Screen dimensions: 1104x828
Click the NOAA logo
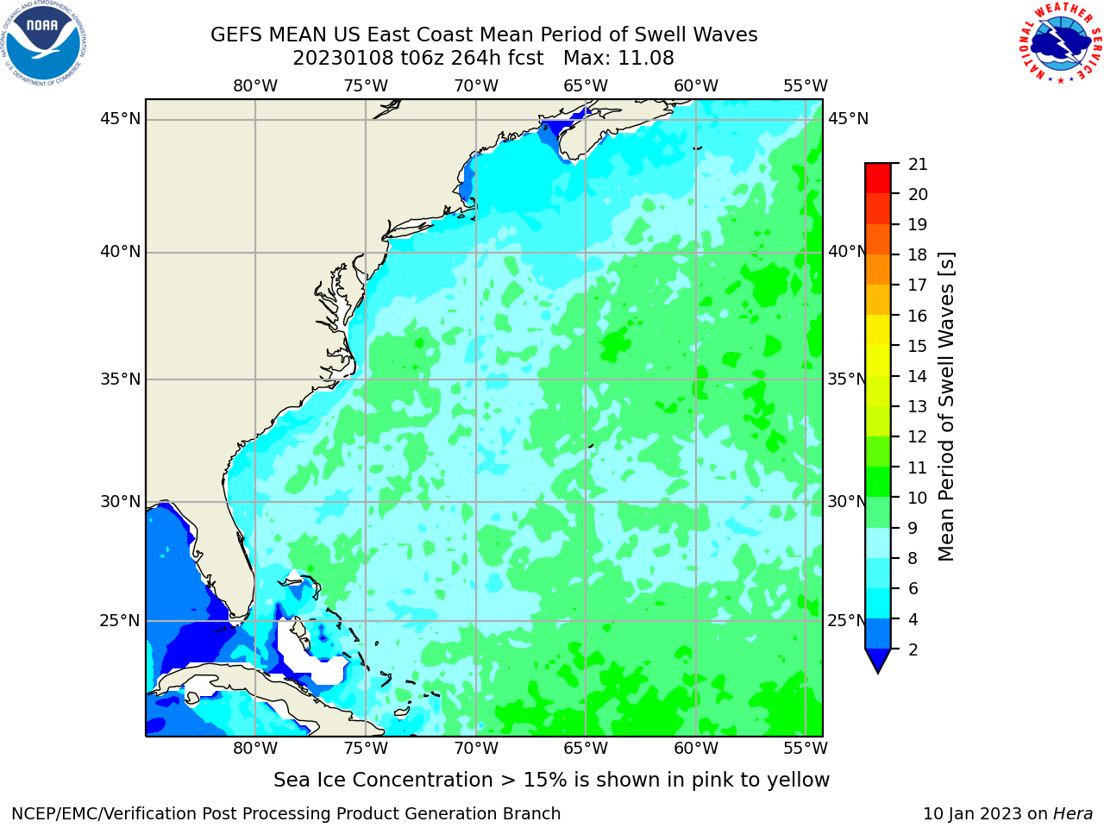(x=43, y=43)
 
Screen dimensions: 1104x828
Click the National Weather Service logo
(x=1060, y=42)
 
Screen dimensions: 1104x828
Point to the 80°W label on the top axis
(x=255, y=86)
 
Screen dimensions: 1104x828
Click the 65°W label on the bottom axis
(x=586, y=748)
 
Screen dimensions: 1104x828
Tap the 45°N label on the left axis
(x=120, y=119)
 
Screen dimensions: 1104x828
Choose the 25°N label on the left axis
(x=120, y=621)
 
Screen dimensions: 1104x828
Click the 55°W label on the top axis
(x=806, y=86)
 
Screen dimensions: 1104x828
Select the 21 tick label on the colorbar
(x=918, y=165)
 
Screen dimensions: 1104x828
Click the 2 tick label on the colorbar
(x=913, y=649)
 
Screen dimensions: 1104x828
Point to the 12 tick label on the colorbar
(x=918, y=437)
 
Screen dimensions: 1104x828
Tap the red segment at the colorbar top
(x=878, y=178)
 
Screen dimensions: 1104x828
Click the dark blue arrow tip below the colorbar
(x=878, y=672)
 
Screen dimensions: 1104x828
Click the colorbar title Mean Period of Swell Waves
(x=946, y=407)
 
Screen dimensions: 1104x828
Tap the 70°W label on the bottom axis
(x=476, y=748)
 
